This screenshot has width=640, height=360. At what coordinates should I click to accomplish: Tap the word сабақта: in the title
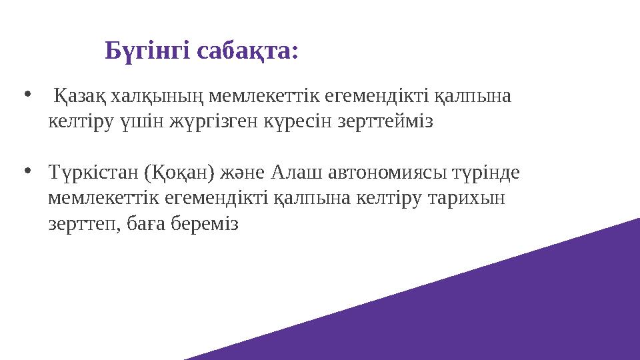tap(249, 51)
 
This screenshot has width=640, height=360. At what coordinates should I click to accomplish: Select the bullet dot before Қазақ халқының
tap(27, 94)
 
